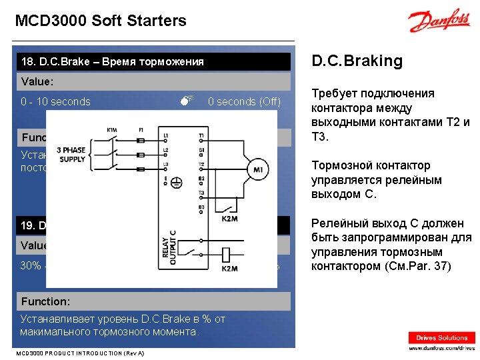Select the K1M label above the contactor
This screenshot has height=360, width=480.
click(111, 129)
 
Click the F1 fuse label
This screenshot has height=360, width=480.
click(140, 129)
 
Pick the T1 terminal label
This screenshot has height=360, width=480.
click(201, 136)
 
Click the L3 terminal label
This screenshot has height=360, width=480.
click(165, 165)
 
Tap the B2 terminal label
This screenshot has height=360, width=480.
click(201, 179)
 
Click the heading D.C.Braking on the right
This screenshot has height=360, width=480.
click(358, 61)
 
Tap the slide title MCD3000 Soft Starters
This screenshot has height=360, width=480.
click(101, 21)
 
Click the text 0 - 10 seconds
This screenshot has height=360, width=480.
click(55, 102)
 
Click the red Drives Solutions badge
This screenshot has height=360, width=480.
click(442, 338)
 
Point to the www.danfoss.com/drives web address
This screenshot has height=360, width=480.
click(442, 348)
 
